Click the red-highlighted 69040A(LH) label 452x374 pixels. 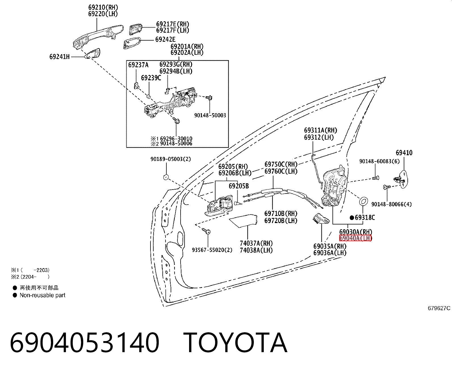(x=355, y=238)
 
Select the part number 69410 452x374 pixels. (x=404, y=153)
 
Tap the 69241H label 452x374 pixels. (x=60, y=57)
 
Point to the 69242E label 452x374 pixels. (x=166, y=39)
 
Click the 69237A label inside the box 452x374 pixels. (x=138, y=65)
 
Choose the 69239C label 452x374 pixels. (x=151, y=78)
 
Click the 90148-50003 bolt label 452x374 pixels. (x=210, y=115)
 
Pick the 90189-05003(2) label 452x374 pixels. (x=171, y=159)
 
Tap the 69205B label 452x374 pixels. (x=239, y=186)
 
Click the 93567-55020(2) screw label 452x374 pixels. (x=212, y=250)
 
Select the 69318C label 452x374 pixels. (x=365, y=218)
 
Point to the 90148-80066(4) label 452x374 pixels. (x=392, y=204)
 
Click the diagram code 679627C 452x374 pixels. (x=439, y=308)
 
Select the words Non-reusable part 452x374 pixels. (x=42, y=295)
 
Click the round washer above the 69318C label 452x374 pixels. (x=363, y=201)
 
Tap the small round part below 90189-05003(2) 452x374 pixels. (x=166, y=177)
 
